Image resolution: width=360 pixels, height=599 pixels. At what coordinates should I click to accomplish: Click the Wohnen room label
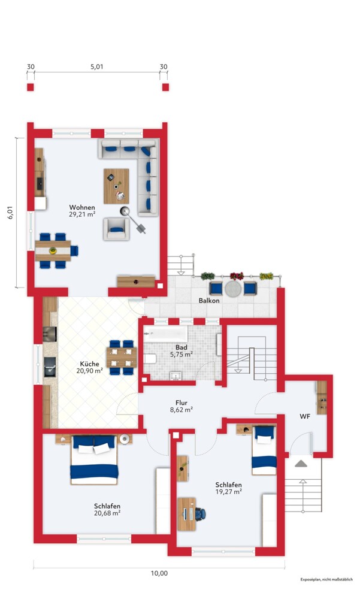click(x=82, y=207)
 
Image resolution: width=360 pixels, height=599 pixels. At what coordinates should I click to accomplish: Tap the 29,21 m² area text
click(x=82, y=214)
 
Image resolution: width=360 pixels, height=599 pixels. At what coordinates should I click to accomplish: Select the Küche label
click(x=89, y=364)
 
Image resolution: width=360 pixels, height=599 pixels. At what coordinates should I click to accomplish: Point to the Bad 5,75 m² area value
click(x=181, y=354)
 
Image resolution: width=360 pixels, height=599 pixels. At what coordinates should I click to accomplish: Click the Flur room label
click(x=181, y=403)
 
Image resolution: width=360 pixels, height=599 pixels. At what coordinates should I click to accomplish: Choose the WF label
click(x=304, y=416)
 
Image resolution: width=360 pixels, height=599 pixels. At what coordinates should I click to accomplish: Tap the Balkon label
click(x=209, y=301)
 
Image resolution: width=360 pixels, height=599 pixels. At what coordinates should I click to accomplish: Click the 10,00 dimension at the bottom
click(x=159, y=573)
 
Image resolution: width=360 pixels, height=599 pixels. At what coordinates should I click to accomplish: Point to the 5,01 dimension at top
click(x=96, y=66)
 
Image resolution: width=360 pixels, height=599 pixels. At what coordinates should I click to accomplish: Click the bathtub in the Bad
click(x=166, y=334)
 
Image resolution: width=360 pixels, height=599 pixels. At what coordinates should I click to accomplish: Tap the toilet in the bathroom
click(x=150, y=359)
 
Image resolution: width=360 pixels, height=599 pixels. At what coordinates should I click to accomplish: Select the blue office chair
click(x=200, y=514)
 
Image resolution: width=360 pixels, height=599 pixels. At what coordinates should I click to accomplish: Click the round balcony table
click(x=233, y=289)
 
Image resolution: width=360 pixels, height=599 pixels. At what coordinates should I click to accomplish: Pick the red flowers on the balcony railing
click(x=237, y=276)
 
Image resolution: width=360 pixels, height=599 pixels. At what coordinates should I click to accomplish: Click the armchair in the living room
click(x=116, y=229)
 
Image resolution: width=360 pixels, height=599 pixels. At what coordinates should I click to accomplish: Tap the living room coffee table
click(x=116, y=186)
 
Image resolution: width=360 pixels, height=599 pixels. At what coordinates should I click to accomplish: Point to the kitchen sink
click(x=50, y=367)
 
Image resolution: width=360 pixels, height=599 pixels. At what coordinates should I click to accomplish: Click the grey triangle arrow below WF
click(x=301, y=464)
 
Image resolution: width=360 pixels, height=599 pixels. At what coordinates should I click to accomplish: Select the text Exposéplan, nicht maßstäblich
click(x=326, y=579)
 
